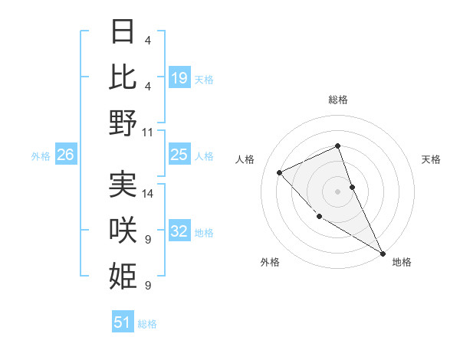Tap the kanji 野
pos(123,123)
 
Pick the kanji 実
pos(123,184)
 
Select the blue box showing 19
pos(179,77)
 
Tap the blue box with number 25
pos(179,155)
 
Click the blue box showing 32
pos(179,231)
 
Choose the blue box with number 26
pos(65,155)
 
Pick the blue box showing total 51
pos(123,322)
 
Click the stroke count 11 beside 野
pos(148,132)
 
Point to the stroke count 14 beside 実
pos(148,193)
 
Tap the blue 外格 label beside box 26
pos(41,155)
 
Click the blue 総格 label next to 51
pos(147,323)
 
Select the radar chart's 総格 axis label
pos(337,100)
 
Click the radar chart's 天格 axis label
pos(431,159)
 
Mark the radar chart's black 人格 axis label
pos(245,159)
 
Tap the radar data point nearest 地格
pos(383,253)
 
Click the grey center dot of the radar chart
pos(337,191)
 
